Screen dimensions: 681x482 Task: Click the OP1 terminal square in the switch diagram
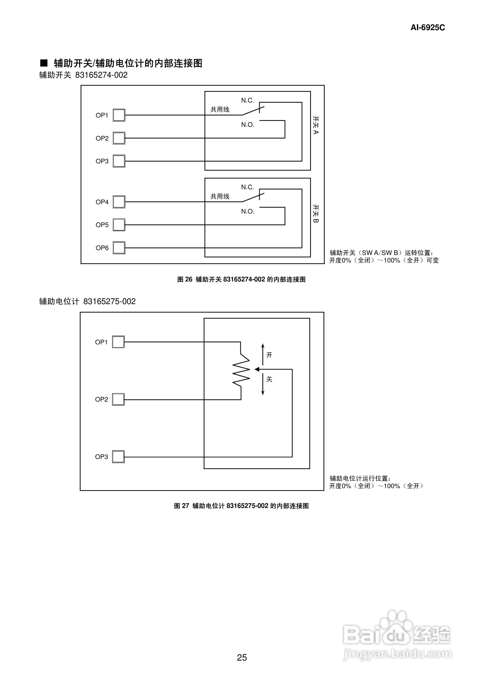point(119,115)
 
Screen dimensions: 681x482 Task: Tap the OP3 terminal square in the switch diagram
point(119,161)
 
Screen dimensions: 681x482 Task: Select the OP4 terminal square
point(119,202)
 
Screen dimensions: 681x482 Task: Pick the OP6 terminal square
point(119,248)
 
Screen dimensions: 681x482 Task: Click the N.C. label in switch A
point(247,100)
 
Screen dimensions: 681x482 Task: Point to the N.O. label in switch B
point(247,211)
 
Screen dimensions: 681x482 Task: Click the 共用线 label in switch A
point(220,109)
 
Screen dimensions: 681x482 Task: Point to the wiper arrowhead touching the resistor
point(257,369)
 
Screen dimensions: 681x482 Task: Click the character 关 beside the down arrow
point(269,379)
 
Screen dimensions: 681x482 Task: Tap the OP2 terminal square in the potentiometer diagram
point(118,399)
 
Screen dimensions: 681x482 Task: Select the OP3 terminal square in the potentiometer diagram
point(118,457)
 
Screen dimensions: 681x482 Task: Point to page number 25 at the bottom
point(242,658)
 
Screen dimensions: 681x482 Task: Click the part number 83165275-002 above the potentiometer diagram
point(109,301)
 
